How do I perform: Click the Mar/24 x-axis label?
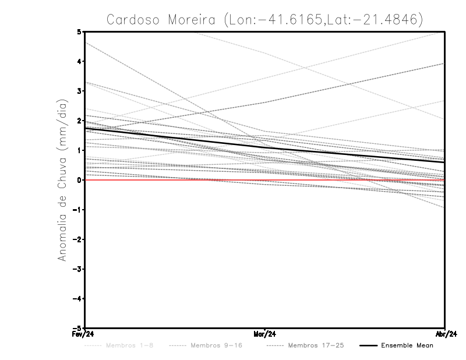[265, 334]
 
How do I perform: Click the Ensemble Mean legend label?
[407, 345]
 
